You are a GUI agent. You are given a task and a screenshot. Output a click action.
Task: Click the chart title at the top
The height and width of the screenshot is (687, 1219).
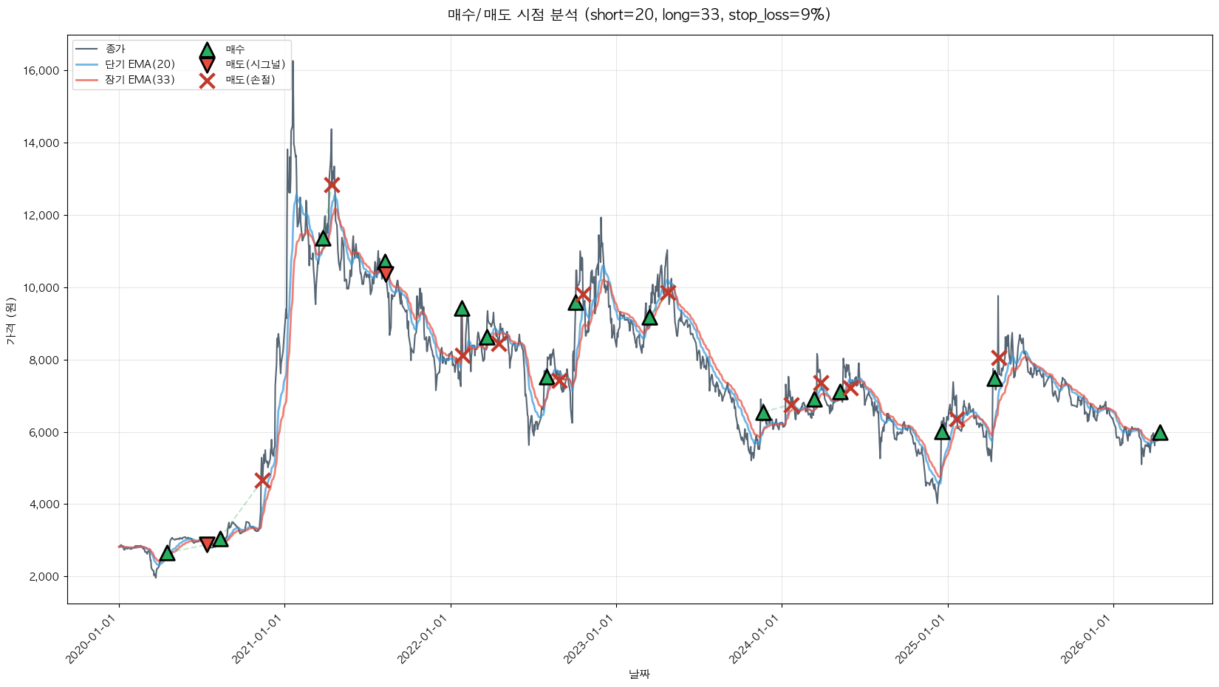coord(639,15)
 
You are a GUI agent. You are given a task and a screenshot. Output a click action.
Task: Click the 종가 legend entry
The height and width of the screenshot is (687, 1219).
coord(115,49)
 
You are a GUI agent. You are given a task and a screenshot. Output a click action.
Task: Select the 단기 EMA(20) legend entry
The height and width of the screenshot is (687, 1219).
coord(140,64)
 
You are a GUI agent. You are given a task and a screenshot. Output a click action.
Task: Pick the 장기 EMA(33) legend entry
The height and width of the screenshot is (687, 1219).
coord(140,80)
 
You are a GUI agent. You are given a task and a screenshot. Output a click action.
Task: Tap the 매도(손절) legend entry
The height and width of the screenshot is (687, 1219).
coord(250,80)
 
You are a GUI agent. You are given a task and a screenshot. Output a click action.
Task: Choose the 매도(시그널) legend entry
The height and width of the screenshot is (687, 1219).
coord(255,64)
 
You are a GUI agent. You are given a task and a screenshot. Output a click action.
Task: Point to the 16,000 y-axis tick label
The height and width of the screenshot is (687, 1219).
coord(42,71)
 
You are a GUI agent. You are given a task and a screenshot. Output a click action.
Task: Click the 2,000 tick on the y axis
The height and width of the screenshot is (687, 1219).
coord(44,577)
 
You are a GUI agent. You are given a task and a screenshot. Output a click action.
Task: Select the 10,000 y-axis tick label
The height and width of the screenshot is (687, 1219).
coord(42,288)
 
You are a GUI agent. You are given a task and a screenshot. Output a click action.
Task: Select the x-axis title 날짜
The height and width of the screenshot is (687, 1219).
coord(639,674)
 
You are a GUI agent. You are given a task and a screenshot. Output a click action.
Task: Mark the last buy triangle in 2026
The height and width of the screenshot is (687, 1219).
coord(1160,433)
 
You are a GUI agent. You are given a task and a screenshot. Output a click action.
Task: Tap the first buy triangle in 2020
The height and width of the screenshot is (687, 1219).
coord(167,553)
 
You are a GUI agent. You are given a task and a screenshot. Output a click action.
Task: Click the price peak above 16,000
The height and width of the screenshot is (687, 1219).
coord(293,62)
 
